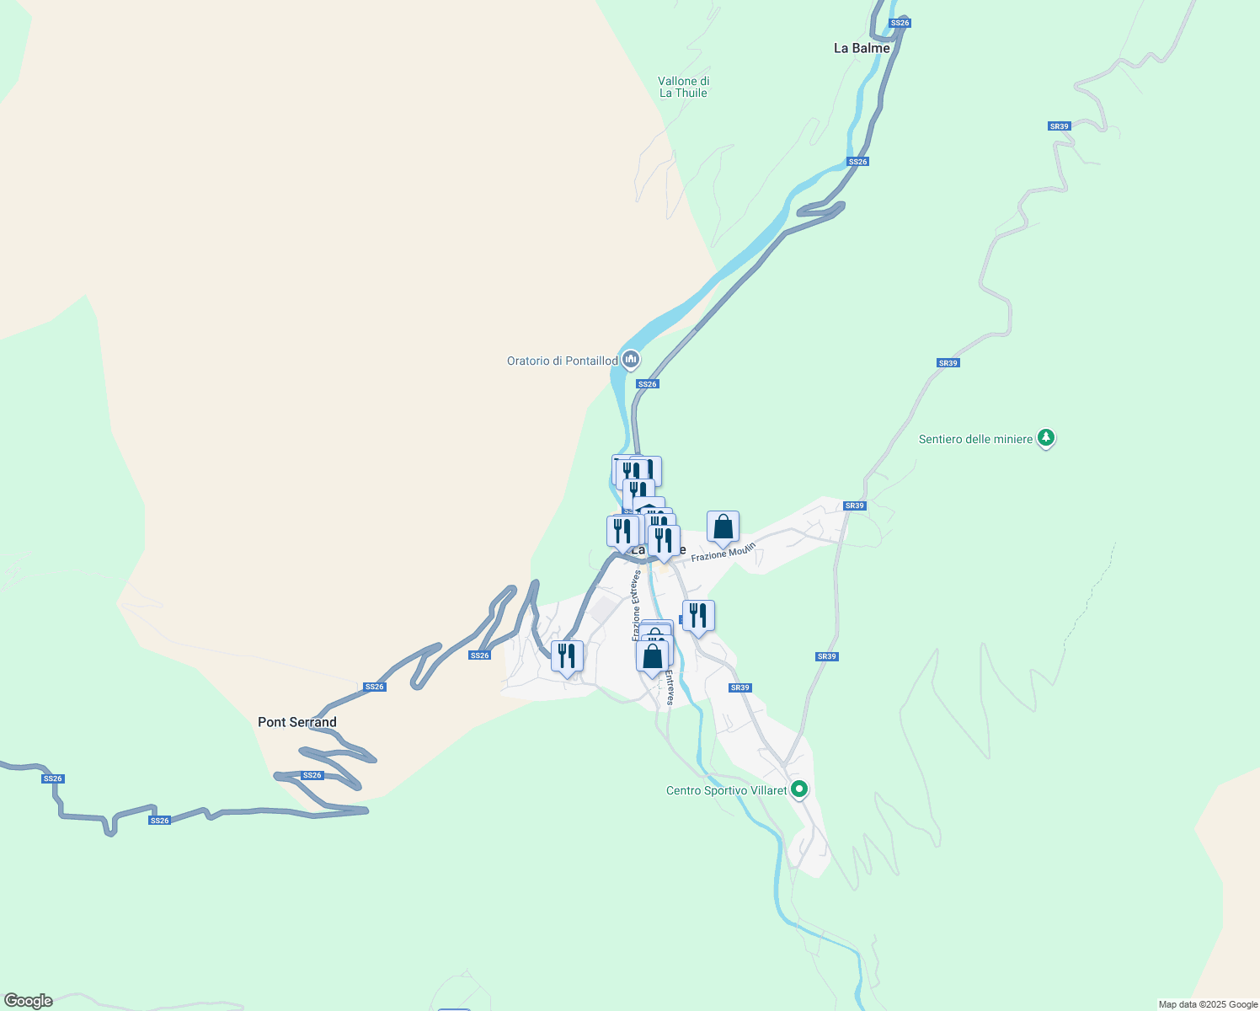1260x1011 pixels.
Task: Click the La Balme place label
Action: click(x=861, y=48)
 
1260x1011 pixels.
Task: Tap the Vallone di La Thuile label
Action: click(x=683, y=87)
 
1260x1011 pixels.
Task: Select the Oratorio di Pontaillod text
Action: click(x=562, y=361)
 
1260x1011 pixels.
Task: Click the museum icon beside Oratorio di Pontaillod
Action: click(x=630, y=360)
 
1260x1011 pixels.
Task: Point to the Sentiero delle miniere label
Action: click(x=975, y=439)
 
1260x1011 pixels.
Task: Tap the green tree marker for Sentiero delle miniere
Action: click(x=1046, y=437)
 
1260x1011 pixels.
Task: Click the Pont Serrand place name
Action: click(x=296, y=722)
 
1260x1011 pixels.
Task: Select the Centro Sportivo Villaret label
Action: click(x=726, y=790)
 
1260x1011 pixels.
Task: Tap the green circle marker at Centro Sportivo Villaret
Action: click(x=799, y=789)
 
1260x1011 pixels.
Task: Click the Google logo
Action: click(x=28, y=1001)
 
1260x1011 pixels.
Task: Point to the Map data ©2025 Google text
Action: click(x=1208, y=1004)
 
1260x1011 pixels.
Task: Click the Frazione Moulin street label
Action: click(x=723, y=553)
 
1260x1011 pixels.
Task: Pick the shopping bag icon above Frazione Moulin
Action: click(x=723, y=527)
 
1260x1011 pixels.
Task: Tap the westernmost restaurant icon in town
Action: click(x=567, y=655)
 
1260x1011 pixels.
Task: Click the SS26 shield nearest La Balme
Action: click(x=900, y=23)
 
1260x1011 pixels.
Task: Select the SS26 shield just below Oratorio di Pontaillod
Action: click(x=647, y=384)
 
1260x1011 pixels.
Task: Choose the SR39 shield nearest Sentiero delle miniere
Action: click(x=948, y=363)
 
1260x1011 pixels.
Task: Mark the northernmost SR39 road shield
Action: click(x=1059, y=126)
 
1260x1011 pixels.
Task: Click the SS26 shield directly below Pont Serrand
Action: click(x=312, y=775)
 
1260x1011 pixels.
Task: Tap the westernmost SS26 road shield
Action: click(x=52, y=778)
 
